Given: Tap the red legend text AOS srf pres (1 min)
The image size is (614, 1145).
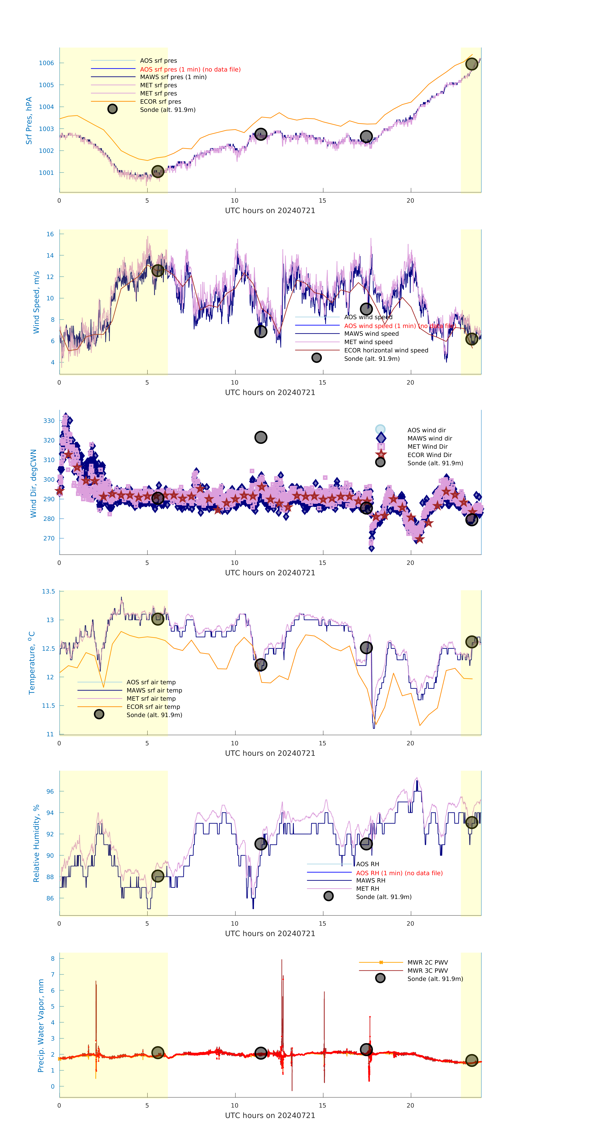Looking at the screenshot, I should click(x=190, y=69).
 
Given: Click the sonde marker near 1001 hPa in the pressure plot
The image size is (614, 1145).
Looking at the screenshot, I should click(x=158, y=172).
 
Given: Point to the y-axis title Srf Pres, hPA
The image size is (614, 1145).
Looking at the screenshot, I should click(x=29, y=121).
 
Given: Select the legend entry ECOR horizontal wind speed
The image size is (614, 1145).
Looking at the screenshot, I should click(x=386, y=350).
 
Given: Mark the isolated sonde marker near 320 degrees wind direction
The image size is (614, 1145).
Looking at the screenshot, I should click(x=261, y=437).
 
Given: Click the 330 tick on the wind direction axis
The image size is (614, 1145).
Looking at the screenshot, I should click(x=49, y=421).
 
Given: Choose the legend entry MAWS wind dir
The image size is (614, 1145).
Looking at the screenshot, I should click(x=429, y=438).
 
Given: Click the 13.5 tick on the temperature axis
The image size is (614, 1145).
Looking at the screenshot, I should click(x=48, y=592).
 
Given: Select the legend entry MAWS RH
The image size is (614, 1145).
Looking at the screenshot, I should click(x=370, y=880).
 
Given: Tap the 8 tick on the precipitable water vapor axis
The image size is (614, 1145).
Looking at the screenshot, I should click(x=52, y=959).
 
